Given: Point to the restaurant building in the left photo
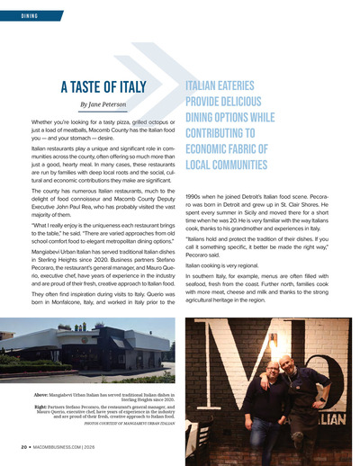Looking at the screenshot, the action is click(x=90, y=346).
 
